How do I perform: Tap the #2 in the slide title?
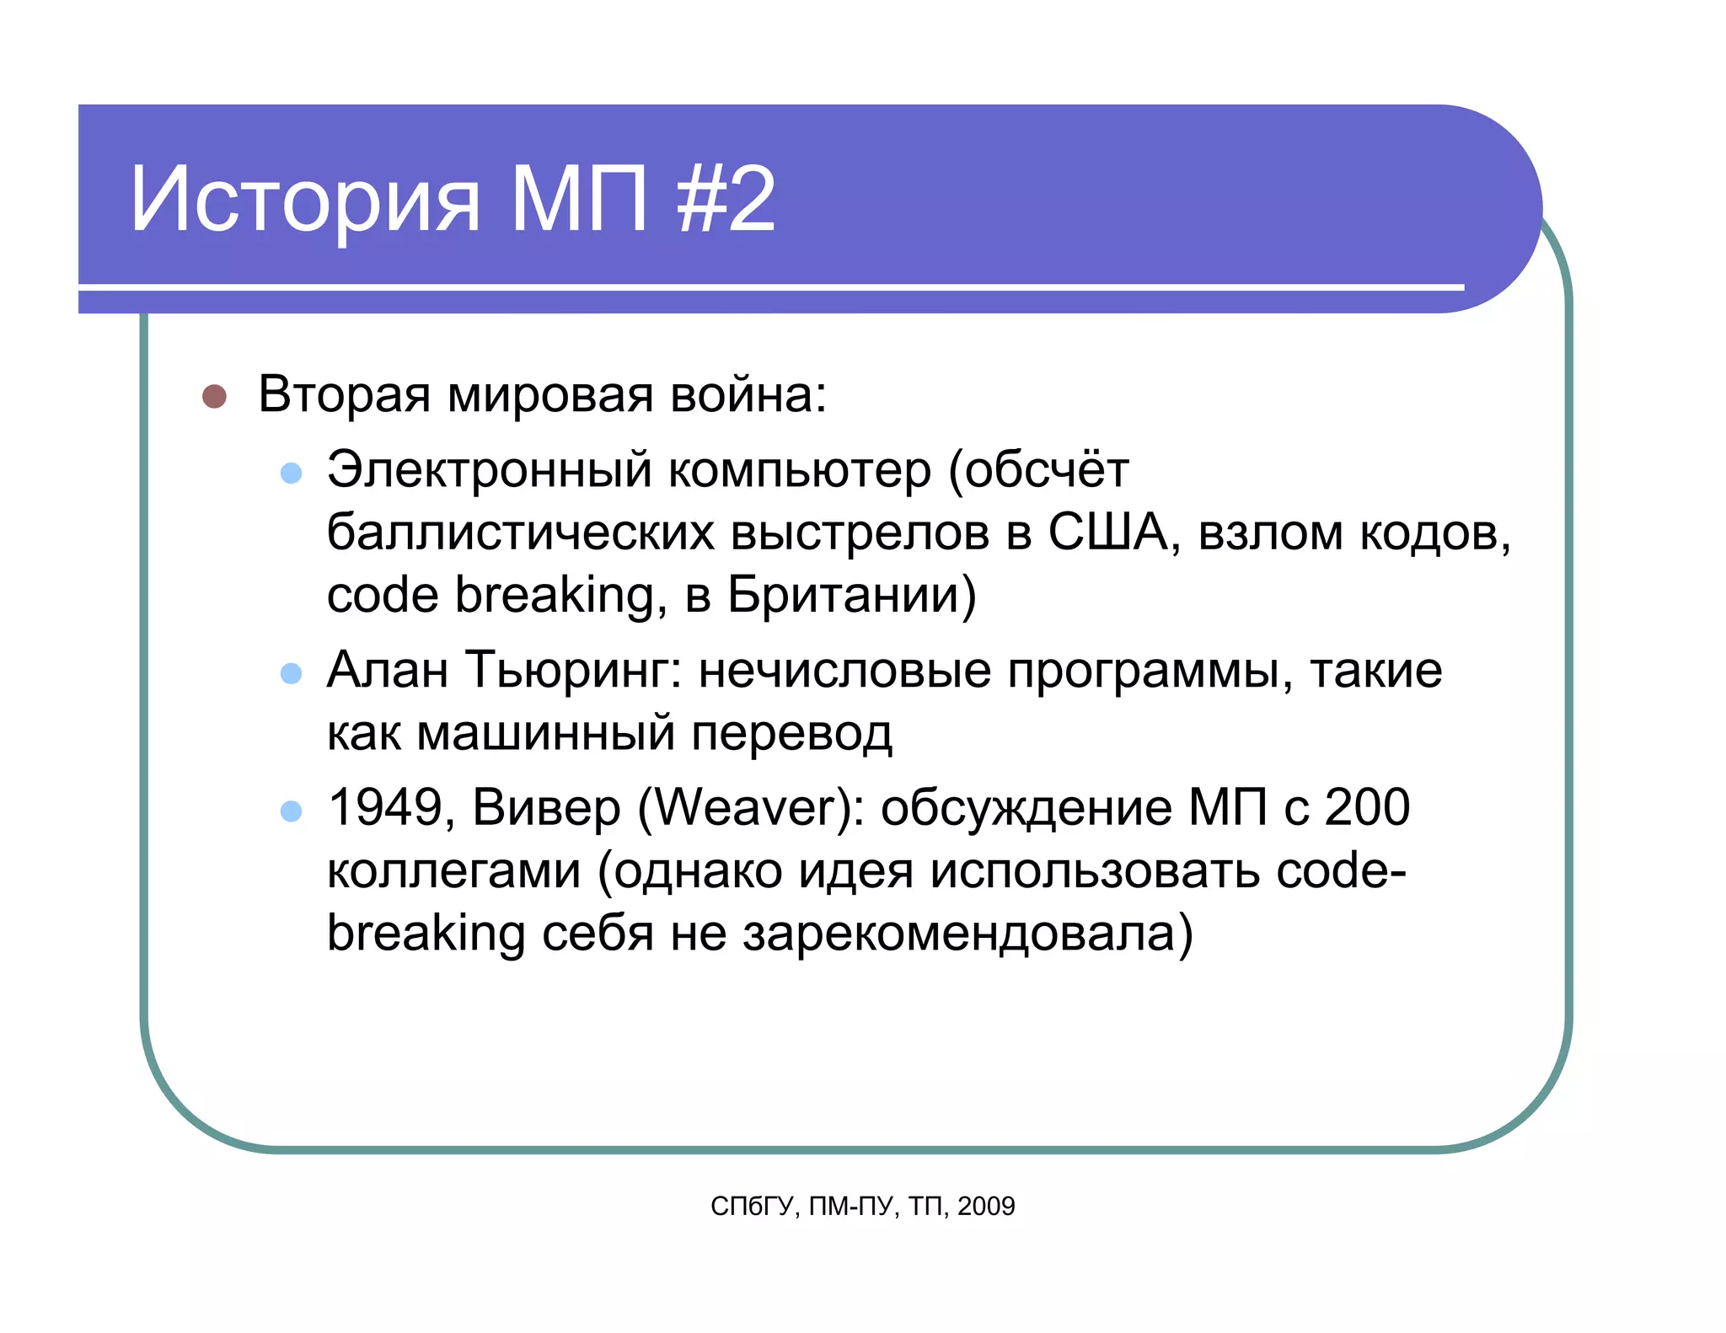point(726,199)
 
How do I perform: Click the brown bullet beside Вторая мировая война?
point(215,396)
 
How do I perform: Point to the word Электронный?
point(490,470)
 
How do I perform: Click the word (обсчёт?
point(1038,470)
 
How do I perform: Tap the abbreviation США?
point(1108,533)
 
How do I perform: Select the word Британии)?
point(852,595)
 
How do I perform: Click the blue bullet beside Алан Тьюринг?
point(291,672)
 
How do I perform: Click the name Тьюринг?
point(574,672)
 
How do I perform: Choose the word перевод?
point(791,733)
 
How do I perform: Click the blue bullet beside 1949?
point(291,811)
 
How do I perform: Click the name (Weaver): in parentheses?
point(751,807)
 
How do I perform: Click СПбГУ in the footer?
point(753,1207)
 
